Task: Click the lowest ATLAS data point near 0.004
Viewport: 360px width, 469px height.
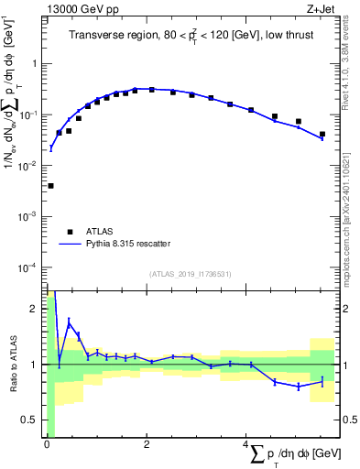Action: [50, 186]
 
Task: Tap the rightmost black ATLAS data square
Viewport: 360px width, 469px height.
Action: [322, 135]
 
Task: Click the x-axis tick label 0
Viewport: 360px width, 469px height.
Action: [47, 444]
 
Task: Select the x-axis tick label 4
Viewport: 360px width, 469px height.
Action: [246, 444]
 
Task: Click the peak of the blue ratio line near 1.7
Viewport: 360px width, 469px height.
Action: [69, 322]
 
